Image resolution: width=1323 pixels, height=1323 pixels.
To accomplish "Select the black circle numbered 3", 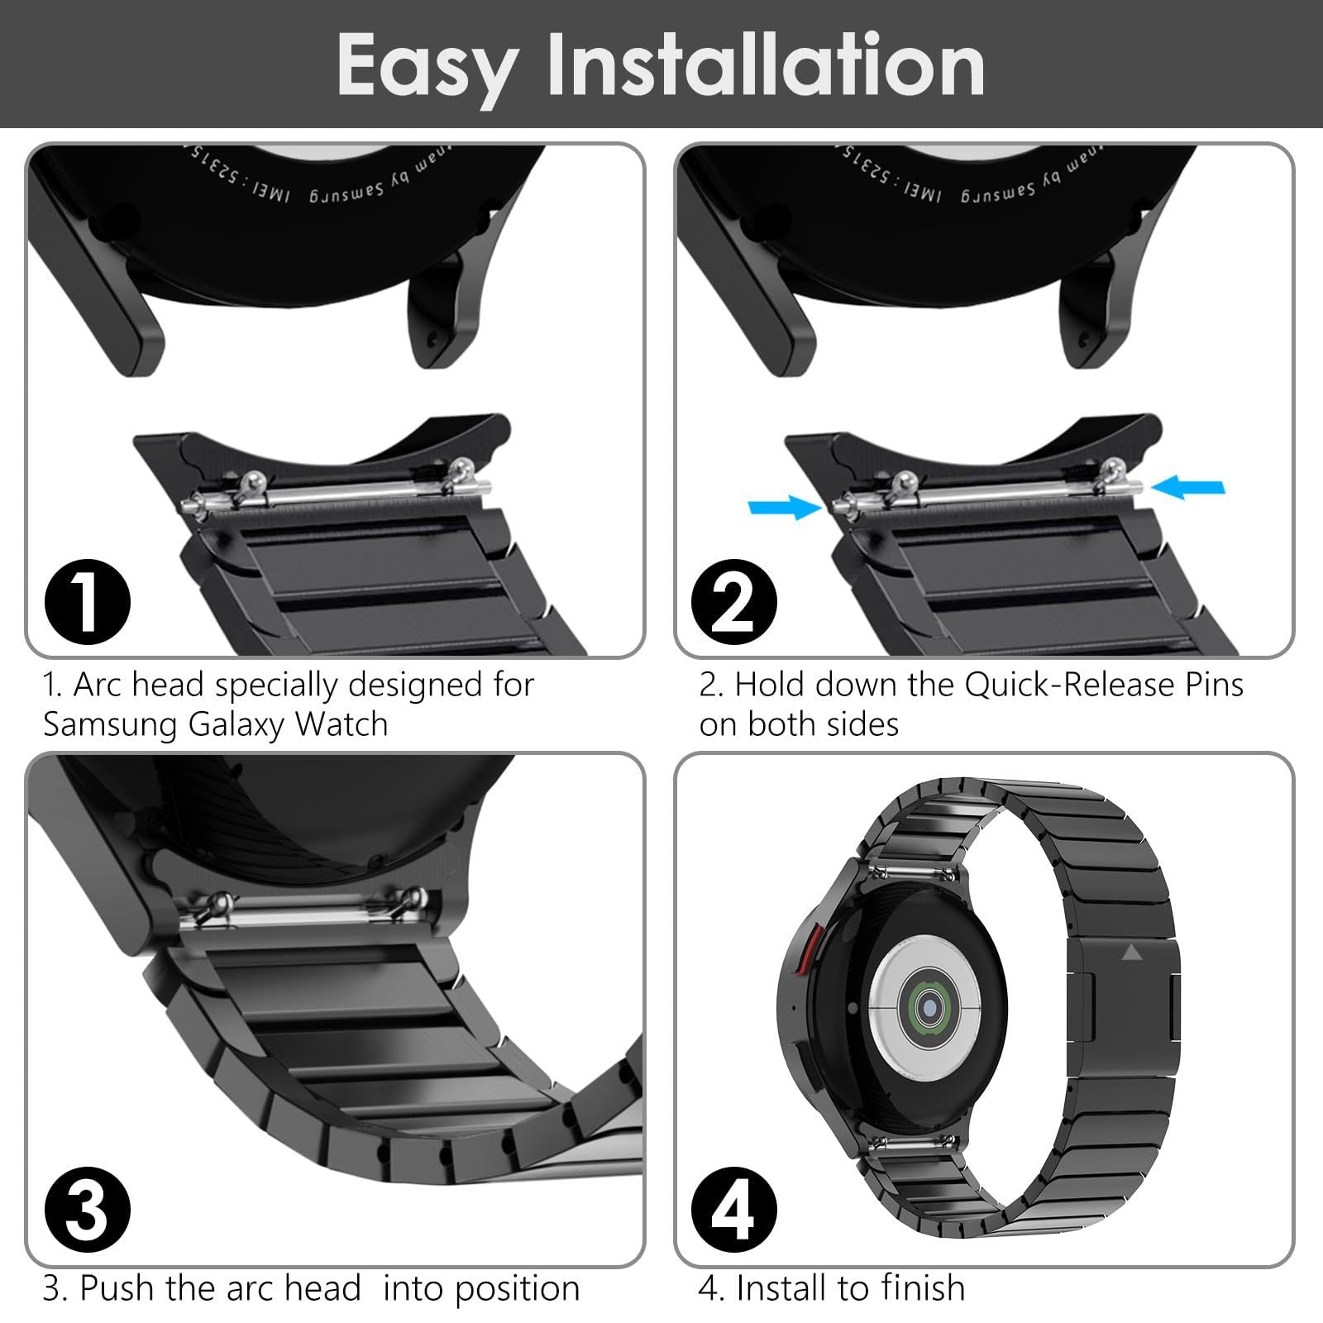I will click(88, 1209).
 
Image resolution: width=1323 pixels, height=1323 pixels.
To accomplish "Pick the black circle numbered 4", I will click(735, 1209).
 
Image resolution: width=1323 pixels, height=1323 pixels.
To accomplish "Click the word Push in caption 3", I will click(116, 1288).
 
